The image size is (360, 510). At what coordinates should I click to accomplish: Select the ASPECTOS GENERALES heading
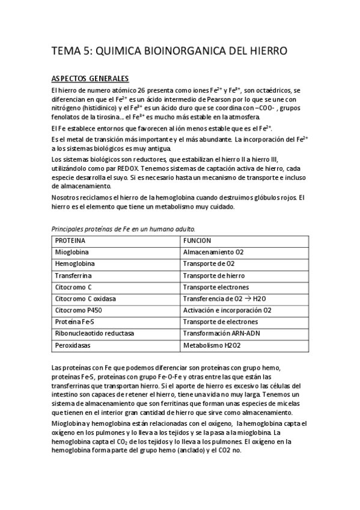tap(90, 79)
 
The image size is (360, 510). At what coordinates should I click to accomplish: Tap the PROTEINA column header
tap(70, 241)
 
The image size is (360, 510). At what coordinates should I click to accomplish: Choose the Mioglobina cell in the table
tap(73, 253)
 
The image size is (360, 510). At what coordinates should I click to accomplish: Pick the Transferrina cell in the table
tap(75, 275)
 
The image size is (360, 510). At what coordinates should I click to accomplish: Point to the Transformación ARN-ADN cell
tap(223, 333)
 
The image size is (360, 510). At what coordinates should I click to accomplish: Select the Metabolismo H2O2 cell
tap(213, 345)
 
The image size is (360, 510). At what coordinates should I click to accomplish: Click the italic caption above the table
tap(123, 229)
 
